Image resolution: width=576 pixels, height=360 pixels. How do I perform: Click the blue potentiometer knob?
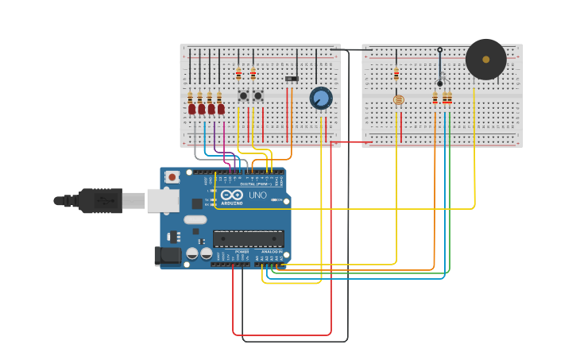tap(320, 98)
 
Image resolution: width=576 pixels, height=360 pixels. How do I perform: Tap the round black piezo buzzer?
tap(485, 60)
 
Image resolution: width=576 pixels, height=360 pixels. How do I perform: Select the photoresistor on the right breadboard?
tap(399, 100)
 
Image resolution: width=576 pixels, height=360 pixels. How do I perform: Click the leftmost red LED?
tap(191, 108)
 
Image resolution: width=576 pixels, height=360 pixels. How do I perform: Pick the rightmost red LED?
tap(221, 108)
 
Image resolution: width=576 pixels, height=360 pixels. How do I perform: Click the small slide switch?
tap(292, 79)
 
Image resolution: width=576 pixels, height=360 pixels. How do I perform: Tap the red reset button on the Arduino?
tap(172, 177)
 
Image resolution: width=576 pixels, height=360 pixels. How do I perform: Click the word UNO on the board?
tap(258, 195)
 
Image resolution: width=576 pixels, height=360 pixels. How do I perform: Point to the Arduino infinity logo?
tap(232, 195)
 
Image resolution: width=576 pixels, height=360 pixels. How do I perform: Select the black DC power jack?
tap(168, 255)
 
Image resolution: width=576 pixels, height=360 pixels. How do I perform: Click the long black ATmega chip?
tap(249, 238)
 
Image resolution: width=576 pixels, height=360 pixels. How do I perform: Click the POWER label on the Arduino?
tap(242, 252)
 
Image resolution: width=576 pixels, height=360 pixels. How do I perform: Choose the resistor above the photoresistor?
tap(396, 74)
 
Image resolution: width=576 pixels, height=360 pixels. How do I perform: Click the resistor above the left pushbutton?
tap(238, 73)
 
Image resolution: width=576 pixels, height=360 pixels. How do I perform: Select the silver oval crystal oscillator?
tap(195, 219)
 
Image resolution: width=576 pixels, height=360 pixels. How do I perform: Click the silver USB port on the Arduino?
tap(163, 200)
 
